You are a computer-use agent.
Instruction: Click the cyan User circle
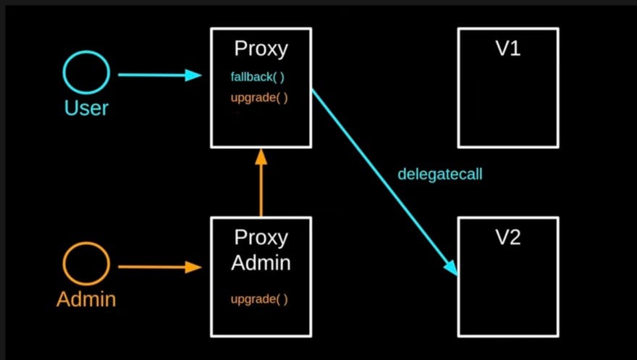pyautogui.click(x=86, y=73)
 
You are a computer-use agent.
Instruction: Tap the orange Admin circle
pyautogui.click(x=86, y=265)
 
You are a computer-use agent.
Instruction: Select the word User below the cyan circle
pyautogui.click(x=86, y=108)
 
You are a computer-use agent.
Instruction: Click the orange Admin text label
pyautogui.click(x=86, y=298)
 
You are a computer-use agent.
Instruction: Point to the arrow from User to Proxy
pyautogui.click(x=152, y=75)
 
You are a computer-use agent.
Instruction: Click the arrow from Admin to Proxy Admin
pyautogui.click(x=152, y=267)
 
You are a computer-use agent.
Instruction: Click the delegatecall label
pyautogui.click(x=439, y=175)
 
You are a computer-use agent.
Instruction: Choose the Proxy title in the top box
pyautogui.click(x=261, y=49)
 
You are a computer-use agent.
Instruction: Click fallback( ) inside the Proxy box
pyautogui.click(x=261, y=76)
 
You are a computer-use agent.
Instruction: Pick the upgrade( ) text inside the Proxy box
pyautogui.click(x=261, y=97)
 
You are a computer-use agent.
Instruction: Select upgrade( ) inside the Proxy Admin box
pyautogui.click(x=260, y=299)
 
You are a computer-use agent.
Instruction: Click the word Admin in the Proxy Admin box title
pyautogui.click(x=261, y=263)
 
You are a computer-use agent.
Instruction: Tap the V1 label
pyautogui.click(x=507, y=49)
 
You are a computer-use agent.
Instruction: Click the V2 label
pyautogui.click(x=507, y=237)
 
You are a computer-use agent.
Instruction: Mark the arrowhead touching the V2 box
pyautogui.click(x=451, y=268)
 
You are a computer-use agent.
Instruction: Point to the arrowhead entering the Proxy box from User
pyautogui.click(x=193, y=75)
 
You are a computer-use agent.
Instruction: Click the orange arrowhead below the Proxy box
pyautogui.click(x=261, y=158)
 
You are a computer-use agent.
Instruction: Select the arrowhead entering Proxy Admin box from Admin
pyautogui.click(x=193, y=267)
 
